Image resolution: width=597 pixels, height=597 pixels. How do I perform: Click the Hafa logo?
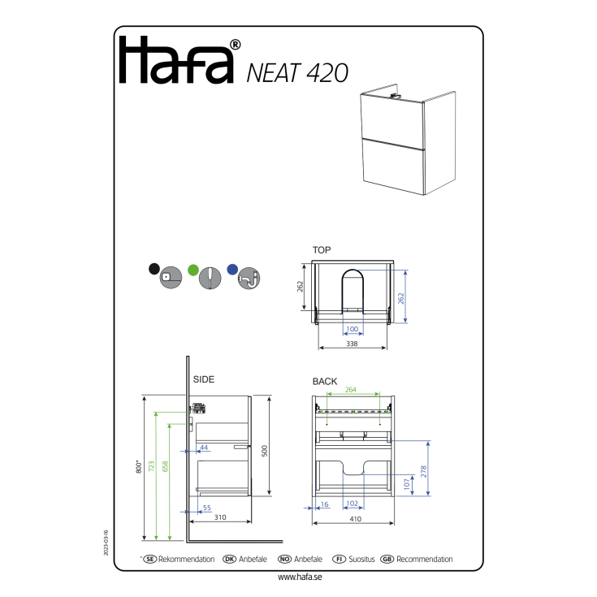click(180, 60)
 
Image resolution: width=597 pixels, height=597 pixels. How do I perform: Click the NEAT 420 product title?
click(297, 73)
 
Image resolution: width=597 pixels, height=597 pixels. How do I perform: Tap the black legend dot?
click(154, 269)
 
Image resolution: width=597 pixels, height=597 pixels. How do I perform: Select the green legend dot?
click(193, 270)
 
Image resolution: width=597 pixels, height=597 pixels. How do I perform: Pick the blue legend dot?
click(232, 270)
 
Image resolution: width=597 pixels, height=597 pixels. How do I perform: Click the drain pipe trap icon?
click(249, 279)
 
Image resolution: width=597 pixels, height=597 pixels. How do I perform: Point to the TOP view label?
click(322, 250)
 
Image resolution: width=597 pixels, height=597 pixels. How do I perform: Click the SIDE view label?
click(204, 379)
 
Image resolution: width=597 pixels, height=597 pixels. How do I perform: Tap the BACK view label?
click(325, 382)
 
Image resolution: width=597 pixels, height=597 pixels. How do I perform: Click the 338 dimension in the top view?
click(352, 344)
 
